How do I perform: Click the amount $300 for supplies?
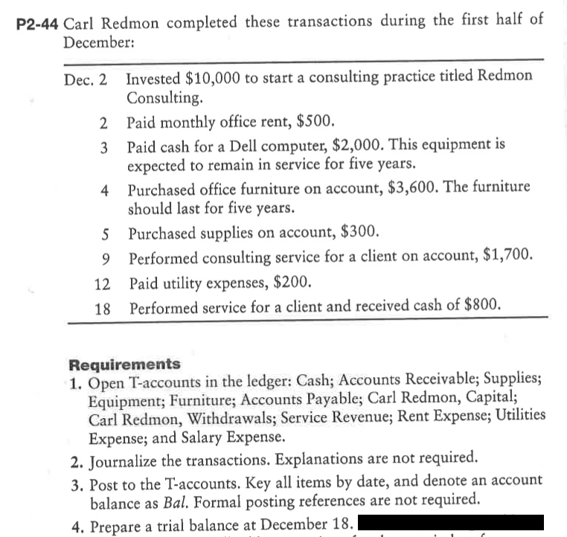click(x=361, y=232)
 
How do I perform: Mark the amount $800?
click(x=479, y=305)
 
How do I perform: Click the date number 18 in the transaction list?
click(x=103, y=306)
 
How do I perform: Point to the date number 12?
click(x=103, y=283)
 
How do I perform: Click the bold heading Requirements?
click(x=124, y=364)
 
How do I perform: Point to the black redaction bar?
click(x=452, y=522)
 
